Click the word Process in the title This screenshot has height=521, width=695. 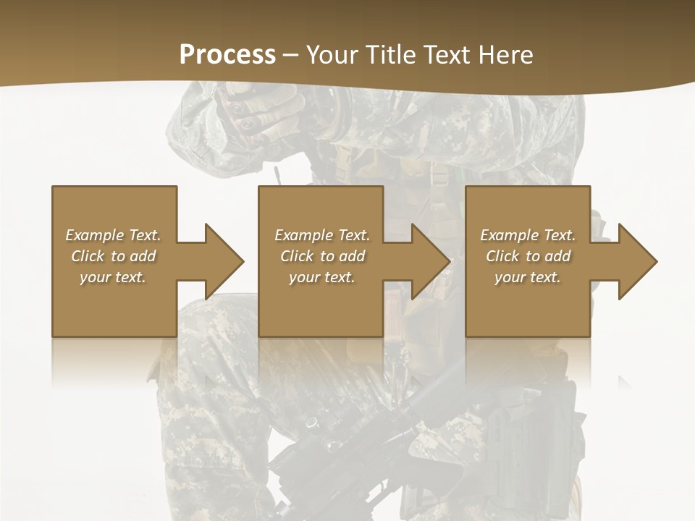[227, 55]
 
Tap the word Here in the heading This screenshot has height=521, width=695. [505, 55]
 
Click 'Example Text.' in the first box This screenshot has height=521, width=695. [113, 235]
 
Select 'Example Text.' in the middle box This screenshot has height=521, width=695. [322, 235]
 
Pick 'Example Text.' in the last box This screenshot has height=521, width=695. [528, 235]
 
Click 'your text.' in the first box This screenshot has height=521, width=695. [113, 277]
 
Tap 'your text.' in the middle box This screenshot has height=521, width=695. [322, 277]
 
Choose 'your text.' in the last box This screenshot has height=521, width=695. [528, 277]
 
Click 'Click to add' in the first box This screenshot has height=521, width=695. [113, 256]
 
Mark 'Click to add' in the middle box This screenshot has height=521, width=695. [322, 256]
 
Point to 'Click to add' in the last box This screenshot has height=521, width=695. [528, 256]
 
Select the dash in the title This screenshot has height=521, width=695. [291, 56]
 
